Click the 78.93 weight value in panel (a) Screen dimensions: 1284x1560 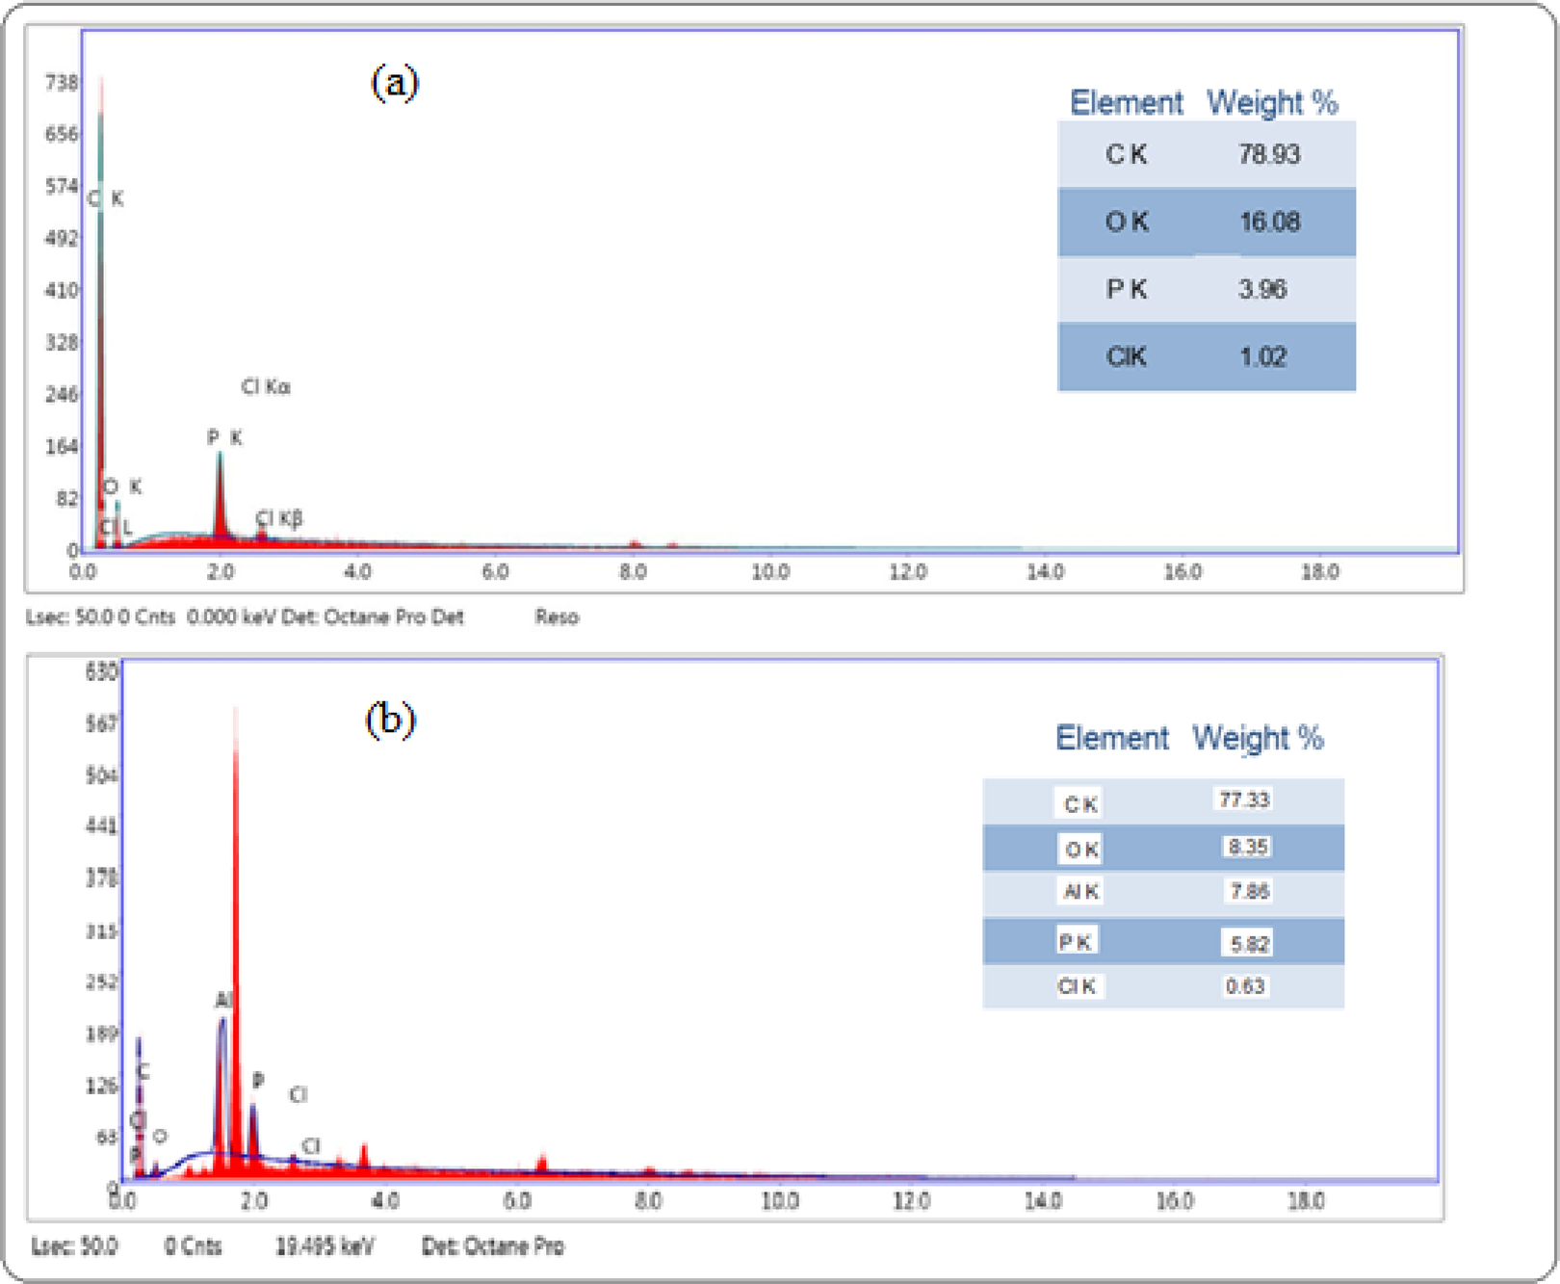1268,154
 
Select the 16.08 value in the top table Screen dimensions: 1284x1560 1269,222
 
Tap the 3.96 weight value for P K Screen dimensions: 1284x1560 1261,289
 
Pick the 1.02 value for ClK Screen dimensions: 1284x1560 1262,357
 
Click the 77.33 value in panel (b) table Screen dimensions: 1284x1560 1244,799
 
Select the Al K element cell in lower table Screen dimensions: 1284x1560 1080,892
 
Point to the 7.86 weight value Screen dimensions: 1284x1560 1249,891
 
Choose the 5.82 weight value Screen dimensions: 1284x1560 1249,944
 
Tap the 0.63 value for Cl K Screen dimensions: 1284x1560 1244,986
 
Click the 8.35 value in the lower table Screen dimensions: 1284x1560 1247,847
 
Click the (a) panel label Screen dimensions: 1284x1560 395,83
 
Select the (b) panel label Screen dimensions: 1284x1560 390,720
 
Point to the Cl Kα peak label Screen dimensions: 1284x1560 266,387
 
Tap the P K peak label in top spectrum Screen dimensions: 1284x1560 224,438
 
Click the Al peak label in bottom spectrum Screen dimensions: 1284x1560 223,1001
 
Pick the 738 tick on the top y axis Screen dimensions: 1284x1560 62,83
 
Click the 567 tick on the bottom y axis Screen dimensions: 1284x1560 101,722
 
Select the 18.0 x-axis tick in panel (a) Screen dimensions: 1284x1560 1319,572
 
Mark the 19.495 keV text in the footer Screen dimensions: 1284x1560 325,1246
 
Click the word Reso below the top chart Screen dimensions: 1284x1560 557,617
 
